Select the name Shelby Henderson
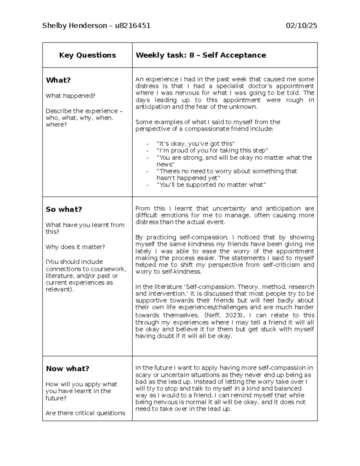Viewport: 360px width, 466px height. (x=74, y=26)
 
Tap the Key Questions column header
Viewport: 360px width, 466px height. (x=87, y=55)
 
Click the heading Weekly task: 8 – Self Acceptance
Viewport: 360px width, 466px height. (x=201, y=55)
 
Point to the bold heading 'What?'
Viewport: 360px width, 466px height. (x=58, y=80)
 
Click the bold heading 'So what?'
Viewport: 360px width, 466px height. (x=64, y=209)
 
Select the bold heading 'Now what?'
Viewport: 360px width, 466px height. (x=67, y=369)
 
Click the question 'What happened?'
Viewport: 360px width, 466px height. (x=70, y=96)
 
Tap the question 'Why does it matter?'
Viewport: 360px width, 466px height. (x=75, y=247)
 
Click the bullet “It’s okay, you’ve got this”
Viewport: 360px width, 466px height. (x=195, y=144)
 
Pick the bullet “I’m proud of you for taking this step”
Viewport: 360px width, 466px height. (x=212, y=151)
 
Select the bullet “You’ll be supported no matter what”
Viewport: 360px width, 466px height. (x=211, y=185)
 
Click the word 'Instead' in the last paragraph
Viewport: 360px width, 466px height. (x=204, y=382)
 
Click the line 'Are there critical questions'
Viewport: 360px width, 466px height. (x=85, y=413)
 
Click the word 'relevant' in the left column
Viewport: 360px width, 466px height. (x=58, y=290)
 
